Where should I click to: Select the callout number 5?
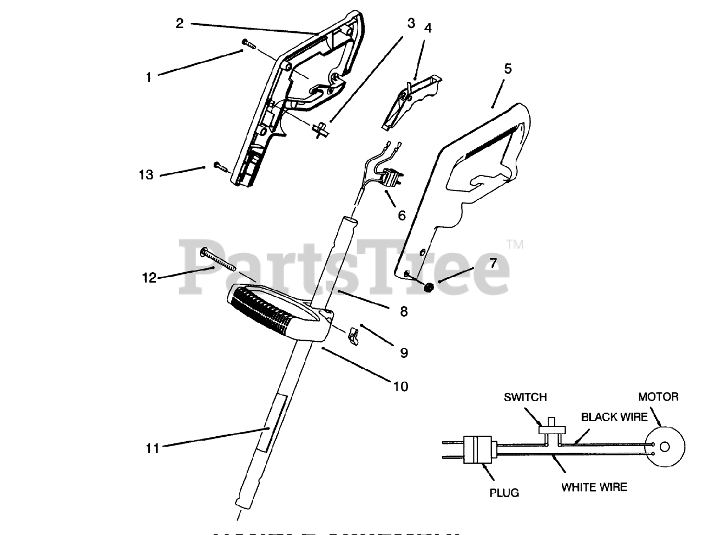tap(507, 69)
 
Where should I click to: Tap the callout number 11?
tap(152, 448)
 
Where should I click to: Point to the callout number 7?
tap(493, 263)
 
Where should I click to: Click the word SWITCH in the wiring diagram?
tap(525, 397)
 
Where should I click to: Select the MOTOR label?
tap(658, 396)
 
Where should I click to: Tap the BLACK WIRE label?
tap(615, 417)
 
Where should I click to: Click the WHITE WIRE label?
tap(594, 487)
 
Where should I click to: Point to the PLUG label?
tap(504, 492)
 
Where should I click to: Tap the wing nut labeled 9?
tap(354, 334)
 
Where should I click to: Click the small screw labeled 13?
tap(220, 166)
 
